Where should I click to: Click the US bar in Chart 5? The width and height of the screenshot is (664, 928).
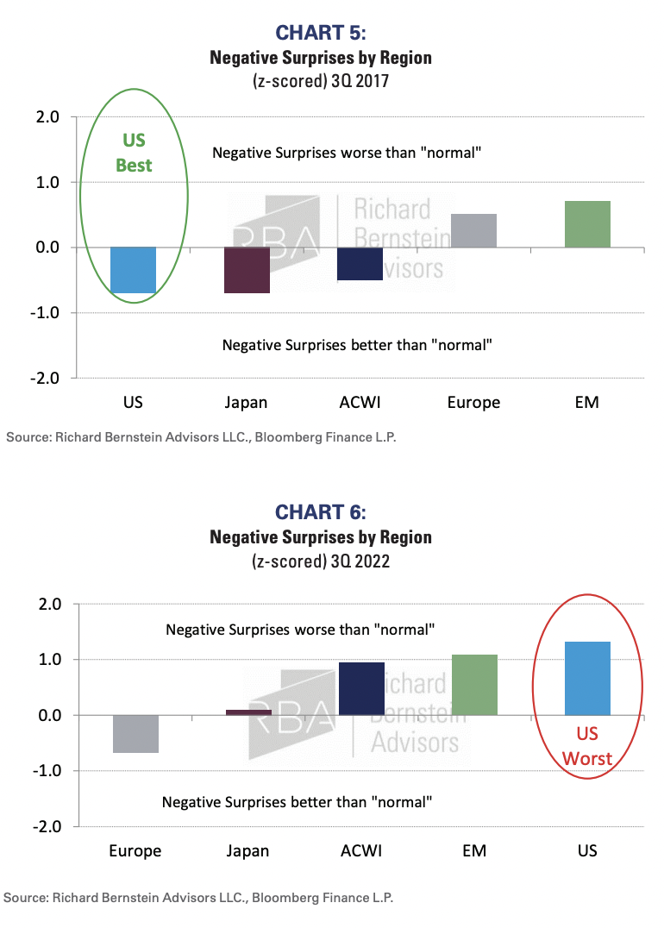(x=134, y=269)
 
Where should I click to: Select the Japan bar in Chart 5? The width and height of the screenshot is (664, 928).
(x=247, y=270)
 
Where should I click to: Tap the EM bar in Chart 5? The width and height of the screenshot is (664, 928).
(x=587, y=224)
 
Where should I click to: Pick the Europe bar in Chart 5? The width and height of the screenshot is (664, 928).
(x=473, y=230)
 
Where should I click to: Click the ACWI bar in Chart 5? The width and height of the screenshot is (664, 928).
(x=360, y=264)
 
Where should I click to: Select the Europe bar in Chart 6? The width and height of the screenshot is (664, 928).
(x=135, y=734)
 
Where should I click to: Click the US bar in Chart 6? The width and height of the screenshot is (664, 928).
(x=587, y=678)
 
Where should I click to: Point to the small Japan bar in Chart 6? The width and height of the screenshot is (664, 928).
(x=247, y=712)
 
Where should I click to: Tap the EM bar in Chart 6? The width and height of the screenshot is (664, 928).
(x=474, y=685)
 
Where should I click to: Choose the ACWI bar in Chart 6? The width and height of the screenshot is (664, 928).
(x=361, y=688)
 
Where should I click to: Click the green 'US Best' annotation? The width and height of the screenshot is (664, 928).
(x=134, y=153)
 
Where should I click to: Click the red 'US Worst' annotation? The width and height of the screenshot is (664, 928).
(x=587, y=747)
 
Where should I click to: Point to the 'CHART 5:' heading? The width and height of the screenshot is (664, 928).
(x=321, y=33)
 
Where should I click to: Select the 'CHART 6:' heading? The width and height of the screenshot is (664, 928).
(x=321, y=511)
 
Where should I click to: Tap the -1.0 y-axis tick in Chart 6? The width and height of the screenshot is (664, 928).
(x=46, y=770)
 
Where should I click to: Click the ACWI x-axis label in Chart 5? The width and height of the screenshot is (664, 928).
(x=360, y=403)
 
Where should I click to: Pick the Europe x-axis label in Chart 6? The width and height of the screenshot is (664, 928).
(x=135, y=851)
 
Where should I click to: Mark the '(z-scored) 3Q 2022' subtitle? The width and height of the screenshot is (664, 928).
(x=321, y=562)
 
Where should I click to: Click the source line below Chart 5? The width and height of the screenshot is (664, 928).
(x=202, y=437)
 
